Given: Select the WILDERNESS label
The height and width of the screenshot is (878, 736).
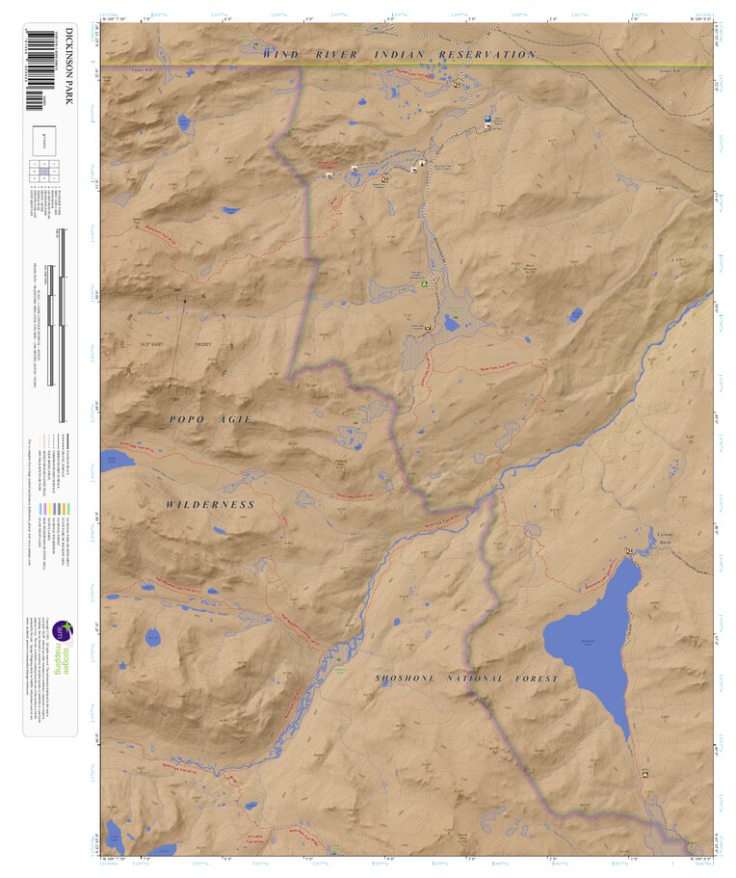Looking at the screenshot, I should pos(210,504).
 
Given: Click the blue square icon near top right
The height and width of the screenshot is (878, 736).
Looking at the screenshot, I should pos(488,119).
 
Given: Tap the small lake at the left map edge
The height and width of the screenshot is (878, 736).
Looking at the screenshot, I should pos(114,460).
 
